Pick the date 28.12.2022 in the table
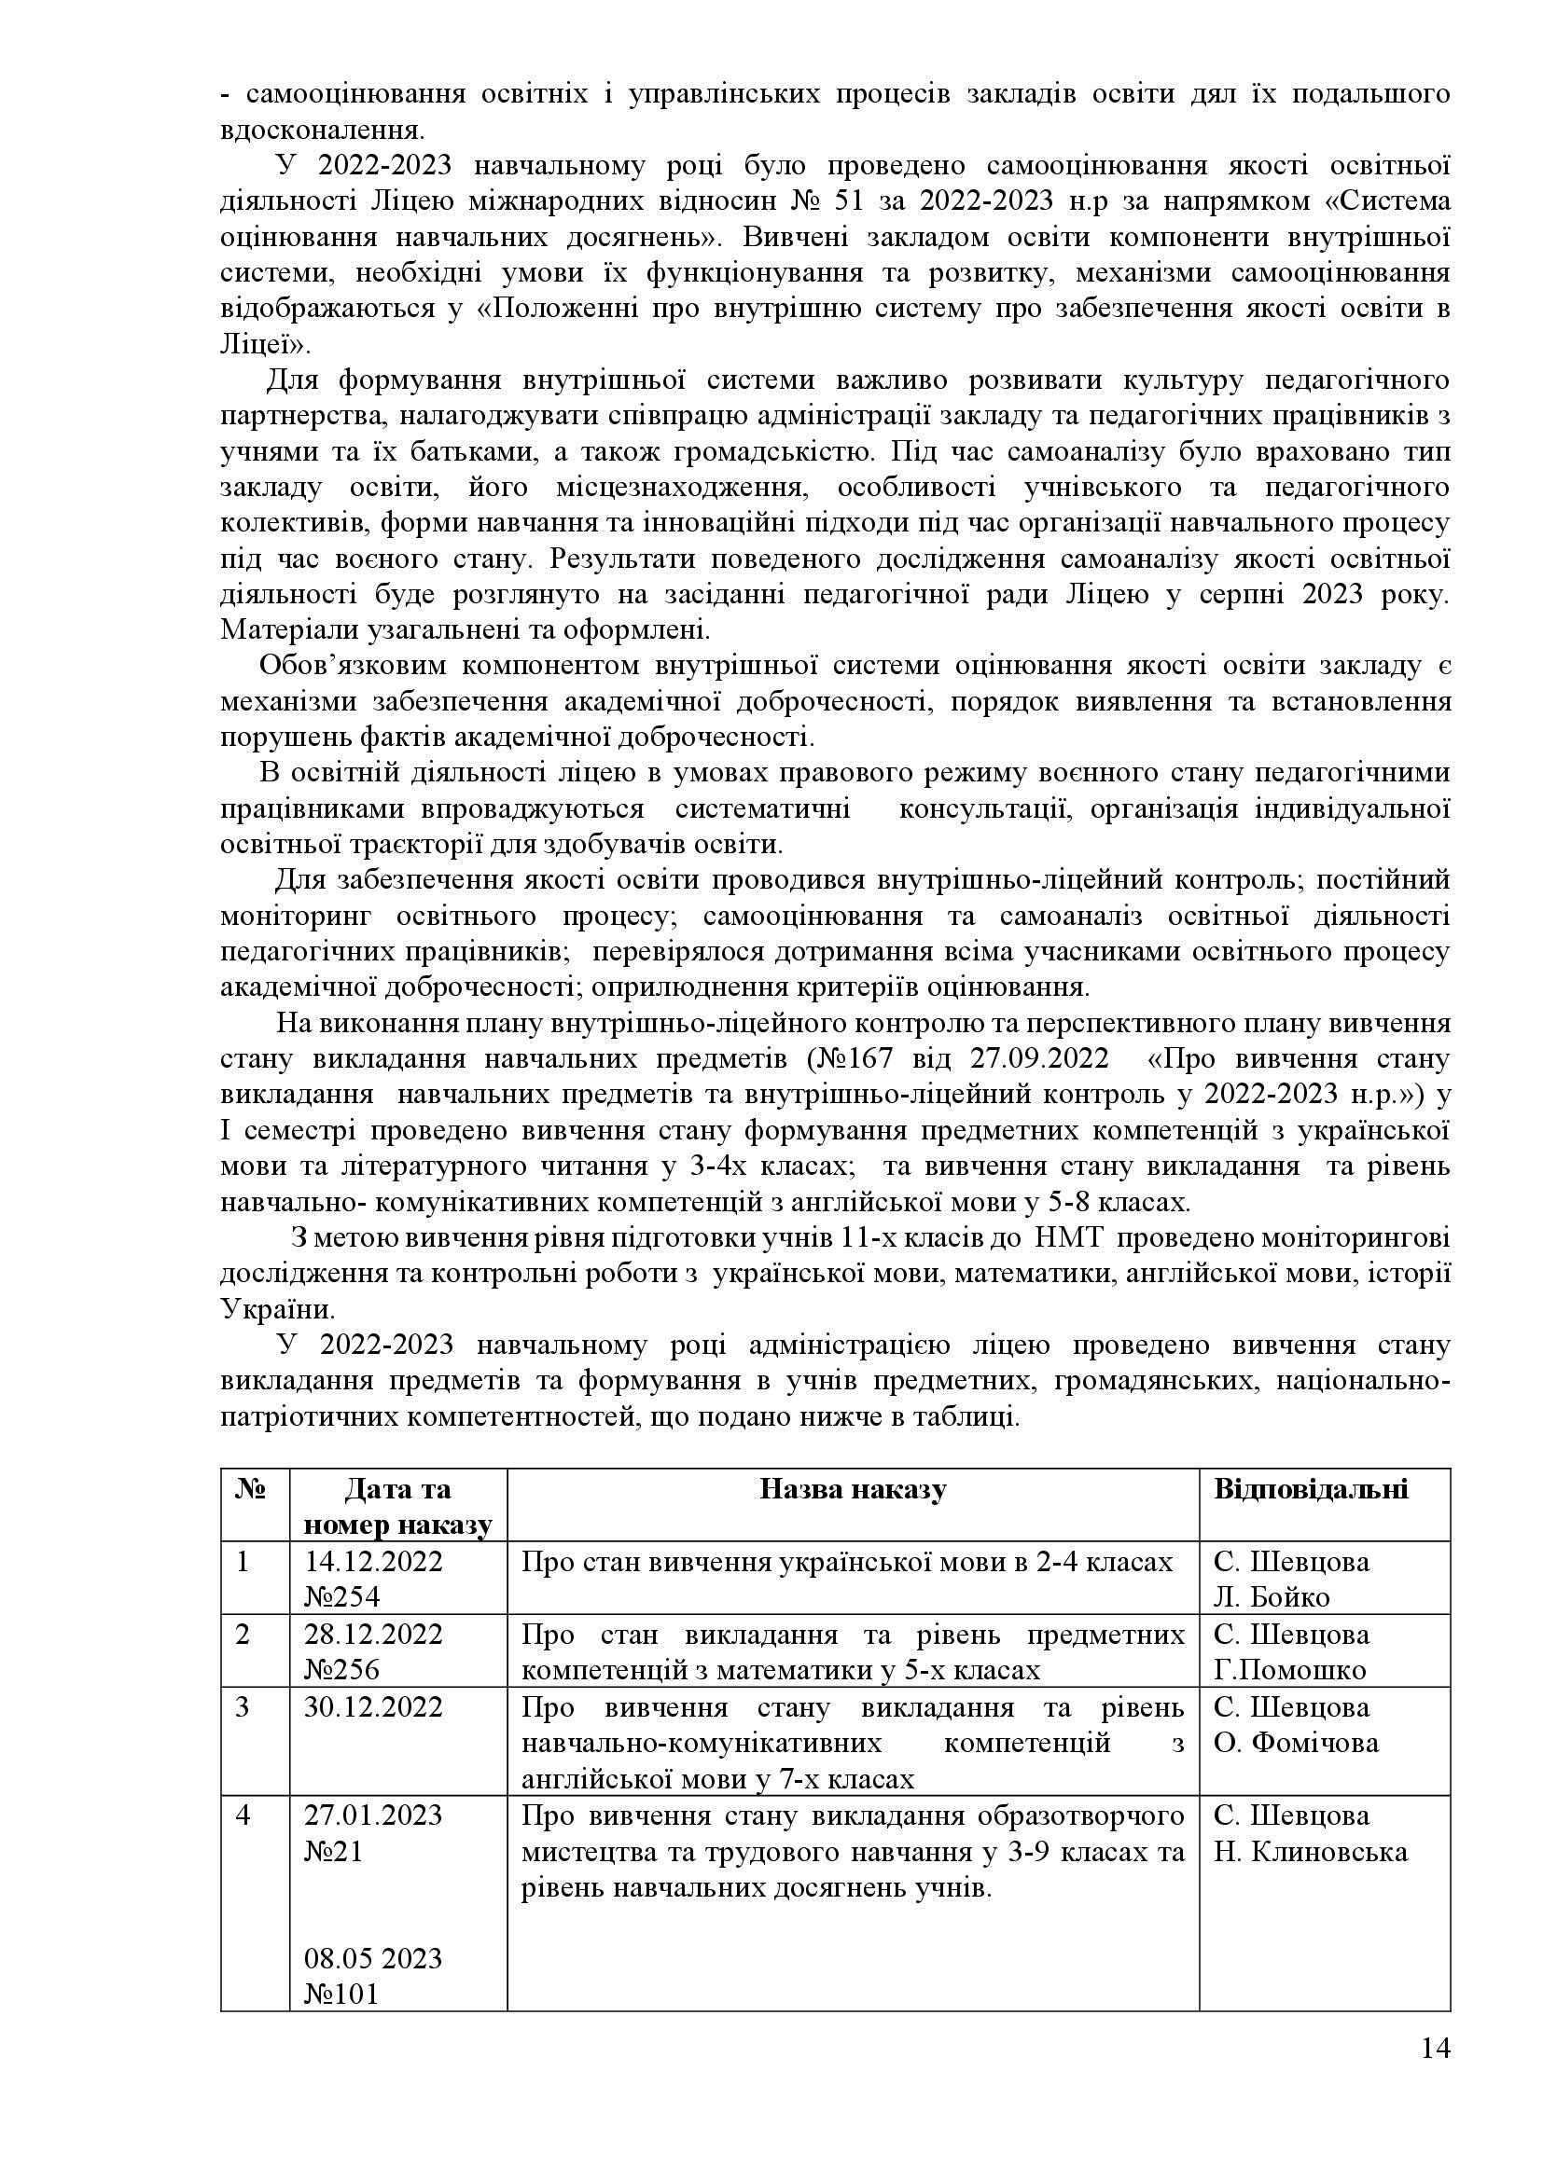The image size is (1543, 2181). click(x=373, y=1634)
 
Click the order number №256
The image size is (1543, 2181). click(x=342, y=1670)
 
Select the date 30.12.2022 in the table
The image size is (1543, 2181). click(x=373, y=1707)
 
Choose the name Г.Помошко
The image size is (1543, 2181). click(x=1289, y=1670)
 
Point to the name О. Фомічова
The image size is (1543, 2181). click(x=1296, y=1743)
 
